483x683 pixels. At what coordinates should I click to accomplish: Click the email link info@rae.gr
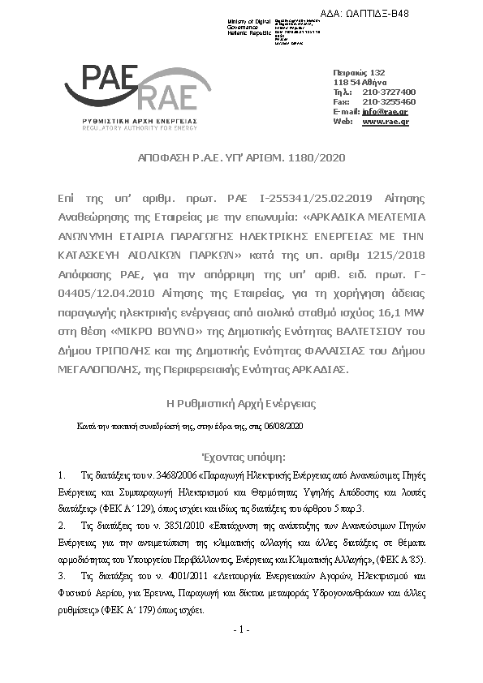[385, 111]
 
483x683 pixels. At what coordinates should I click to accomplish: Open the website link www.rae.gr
[385, 121]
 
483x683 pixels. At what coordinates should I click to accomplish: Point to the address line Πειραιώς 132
[359, 73]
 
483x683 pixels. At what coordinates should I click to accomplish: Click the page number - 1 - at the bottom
[241, 629]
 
